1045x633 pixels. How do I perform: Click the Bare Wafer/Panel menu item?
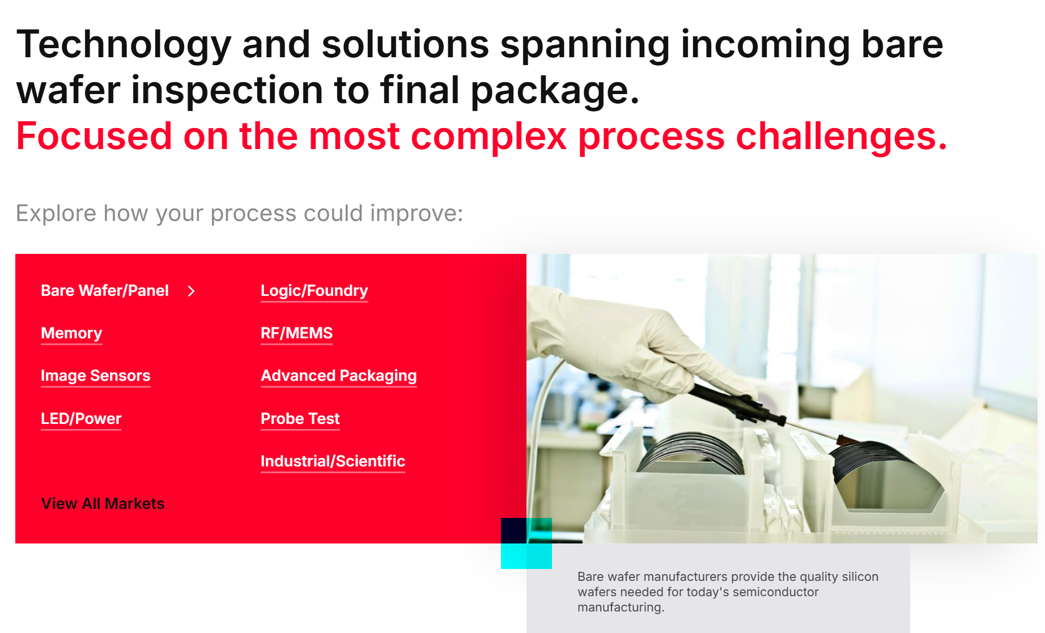tap(105, 291)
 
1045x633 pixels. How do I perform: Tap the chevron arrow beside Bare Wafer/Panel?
tap(192, 291)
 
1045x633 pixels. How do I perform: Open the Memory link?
tap(71, 333)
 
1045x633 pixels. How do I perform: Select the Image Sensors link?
tap(96, 376)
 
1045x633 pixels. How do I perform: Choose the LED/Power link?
tap(81, 419)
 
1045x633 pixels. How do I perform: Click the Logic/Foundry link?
tap(315, 291)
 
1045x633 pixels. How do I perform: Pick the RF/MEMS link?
tap(296, 333)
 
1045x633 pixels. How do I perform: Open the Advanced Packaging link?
tap(339, 376)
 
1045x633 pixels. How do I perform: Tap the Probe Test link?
tap(300, 419)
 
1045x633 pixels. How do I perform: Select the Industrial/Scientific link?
tap(333, 461)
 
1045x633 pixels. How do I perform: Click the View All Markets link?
tap(103, 504)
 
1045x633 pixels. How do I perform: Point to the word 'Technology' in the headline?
tap(124, 45)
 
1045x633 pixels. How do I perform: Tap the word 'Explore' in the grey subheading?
tap(56, 214)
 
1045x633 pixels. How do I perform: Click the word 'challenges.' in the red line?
tap(842, 137)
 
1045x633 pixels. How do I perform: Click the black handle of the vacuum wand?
tap(737, 403)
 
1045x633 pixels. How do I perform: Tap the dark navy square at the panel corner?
tap(513, 530)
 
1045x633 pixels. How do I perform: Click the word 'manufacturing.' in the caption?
tap(621, 607)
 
